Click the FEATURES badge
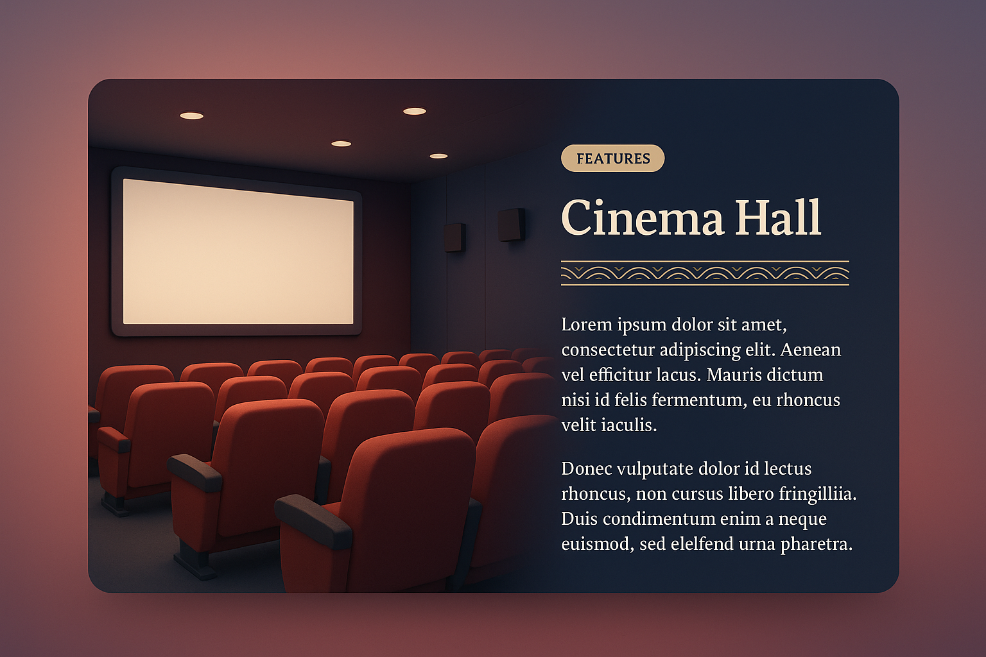(x=612, y=158)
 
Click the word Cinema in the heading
(x=642, y=218)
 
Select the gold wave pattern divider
(x=705, y=273)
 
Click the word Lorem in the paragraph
(x=587, y=325)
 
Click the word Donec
(x=586, y=469)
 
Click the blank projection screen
(x=238, y=252)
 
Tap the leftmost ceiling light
(x=191, y=116)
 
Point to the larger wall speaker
(x=512, y=225)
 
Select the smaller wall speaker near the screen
(x=454, y=237)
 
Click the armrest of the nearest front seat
(x=313, y=520)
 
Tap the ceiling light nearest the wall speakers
(x=438, y=156)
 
